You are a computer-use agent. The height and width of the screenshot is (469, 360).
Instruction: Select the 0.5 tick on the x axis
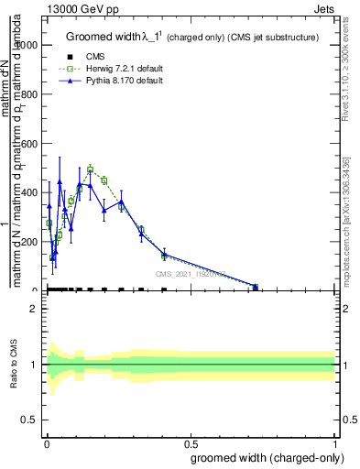click(x=190, y=444)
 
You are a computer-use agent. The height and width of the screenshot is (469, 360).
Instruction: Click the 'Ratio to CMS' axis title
click(x=14, y=365)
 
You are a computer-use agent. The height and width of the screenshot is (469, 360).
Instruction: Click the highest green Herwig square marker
click(x=91, y=169)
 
